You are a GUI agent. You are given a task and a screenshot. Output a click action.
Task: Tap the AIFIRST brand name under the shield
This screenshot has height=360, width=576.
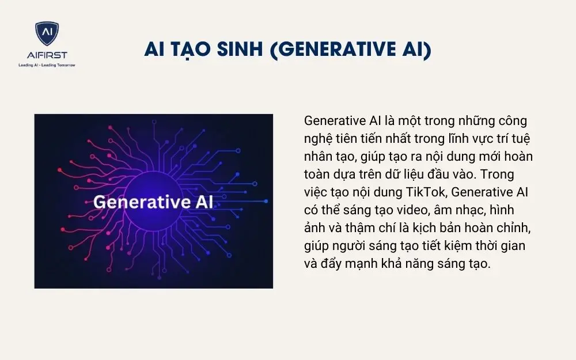(x=47, y=55)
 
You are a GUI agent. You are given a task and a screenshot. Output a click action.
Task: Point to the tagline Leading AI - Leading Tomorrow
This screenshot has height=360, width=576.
(x=47, y=65)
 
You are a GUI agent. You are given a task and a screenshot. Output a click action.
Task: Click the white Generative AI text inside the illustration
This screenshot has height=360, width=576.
(x=153, y=202)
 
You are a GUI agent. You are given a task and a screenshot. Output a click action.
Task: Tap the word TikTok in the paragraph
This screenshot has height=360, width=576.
(x=429, y=193)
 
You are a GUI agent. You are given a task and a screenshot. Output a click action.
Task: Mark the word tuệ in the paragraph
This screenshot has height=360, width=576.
(x=514, y=139)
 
